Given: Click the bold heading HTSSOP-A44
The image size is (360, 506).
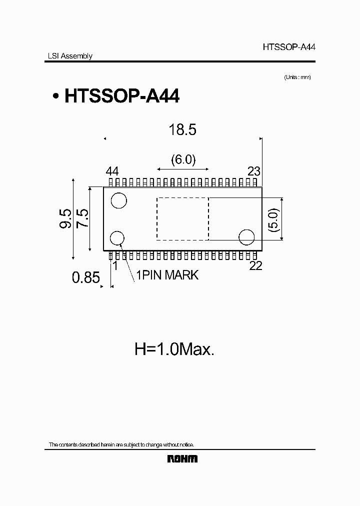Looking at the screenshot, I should [121, 96].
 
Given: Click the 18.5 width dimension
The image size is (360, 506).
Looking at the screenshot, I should [182, 130].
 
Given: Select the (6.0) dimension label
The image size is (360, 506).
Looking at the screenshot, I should [182, 159].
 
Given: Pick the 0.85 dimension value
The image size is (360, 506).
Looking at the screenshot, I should [86, 277].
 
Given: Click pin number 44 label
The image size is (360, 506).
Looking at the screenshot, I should [112, 171].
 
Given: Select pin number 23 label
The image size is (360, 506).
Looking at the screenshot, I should [253, 171].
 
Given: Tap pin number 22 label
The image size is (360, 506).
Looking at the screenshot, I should [255, 266].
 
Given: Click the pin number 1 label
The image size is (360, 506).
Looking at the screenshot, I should [115, 266].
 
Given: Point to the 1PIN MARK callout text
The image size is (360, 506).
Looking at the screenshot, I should [167, 275].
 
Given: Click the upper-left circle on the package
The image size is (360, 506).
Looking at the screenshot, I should [118, 200].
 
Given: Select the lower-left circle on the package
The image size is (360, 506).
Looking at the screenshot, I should [118, 238].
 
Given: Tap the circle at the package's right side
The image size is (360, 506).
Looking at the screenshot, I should [246, 237].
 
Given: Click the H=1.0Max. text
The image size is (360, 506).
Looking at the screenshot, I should [174, 349].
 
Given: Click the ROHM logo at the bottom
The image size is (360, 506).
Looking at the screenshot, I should [182, 458].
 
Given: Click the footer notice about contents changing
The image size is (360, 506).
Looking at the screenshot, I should [121, 444].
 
